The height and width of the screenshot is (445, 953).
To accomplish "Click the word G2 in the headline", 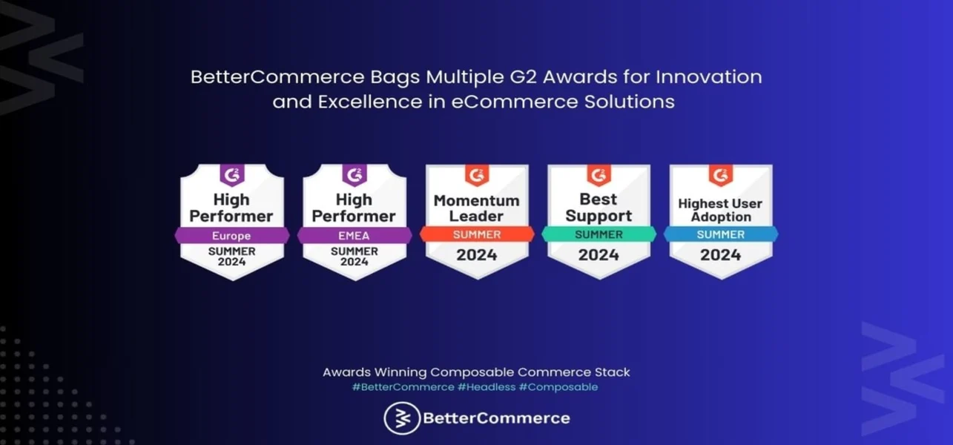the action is tap(524, 77).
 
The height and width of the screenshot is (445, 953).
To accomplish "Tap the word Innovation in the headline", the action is tap(709, 77).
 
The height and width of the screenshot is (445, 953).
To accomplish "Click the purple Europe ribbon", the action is tap(232, 235).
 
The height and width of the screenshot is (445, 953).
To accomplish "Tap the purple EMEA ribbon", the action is tap(355, 235).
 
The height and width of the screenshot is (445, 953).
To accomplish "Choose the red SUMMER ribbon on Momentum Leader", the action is tap(477, 234).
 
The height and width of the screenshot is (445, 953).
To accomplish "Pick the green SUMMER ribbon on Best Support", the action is tap(598, 234).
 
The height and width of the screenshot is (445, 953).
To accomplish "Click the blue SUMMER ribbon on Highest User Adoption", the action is tap(721, 234).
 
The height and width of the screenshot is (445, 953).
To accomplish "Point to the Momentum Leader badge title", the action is tap(476, 208).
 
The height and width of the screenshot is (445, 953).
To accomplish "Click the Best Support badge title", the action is tap(598, 207).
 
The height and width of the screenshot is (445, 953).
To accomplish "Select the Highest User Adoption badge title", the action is tap(720, 210).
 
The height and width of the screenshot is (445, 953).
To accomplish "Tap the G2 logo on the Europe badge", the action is tap(232, 175).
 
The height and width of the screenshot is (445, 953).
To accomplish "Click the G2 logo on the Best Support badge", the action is tap(598, 175).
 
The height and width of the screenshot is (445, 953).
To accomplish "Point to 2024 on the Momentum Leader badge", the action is tap(477, 255).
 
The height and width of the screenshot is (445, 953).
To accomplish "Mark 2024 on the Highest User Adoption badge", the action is tap(721, 255).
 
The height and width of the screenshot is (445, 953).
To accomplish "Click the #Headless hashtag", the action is tap(487, 387).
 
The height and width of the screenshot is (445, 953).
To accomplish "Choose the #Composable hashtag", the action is tap(558, 387).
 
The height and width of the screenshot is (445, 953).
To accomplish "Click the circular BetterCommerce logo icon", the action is tap(402, 418).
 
